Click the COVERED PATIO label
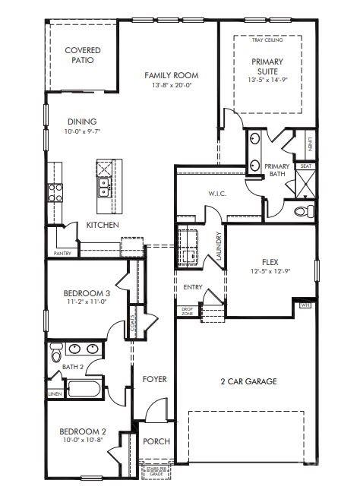coord(83,55)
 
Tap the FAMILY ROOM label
coord(171,75)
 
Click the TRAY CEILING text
coord(267,39)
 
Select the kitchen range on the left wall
coord(55,191)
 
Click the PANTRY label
coord(62,253)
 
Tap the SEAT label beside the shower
coord(305,166)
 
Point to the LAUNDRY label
coord(218,246)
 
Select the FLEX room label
coord(270,262)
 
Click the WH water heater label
coord(306,305)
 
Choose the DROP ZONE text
coord(187,311)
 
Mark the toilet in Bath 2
coord(55,355)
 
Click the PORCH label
coord(156,441)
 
